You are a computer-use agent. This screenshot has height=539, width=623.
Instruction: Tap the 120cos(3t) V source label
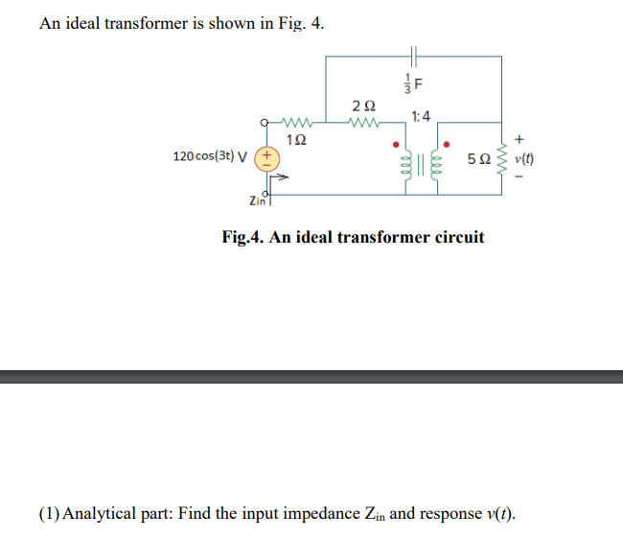[208, 157]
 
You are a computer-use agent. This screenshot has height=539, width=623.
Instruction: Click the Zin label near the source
[257, 199]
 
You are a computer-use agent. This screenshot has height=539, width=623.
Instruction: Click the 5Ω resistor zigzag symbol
[500, 159]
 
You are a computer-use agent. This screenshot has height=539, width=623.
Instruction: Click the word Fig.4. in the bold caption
[243, 237]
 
